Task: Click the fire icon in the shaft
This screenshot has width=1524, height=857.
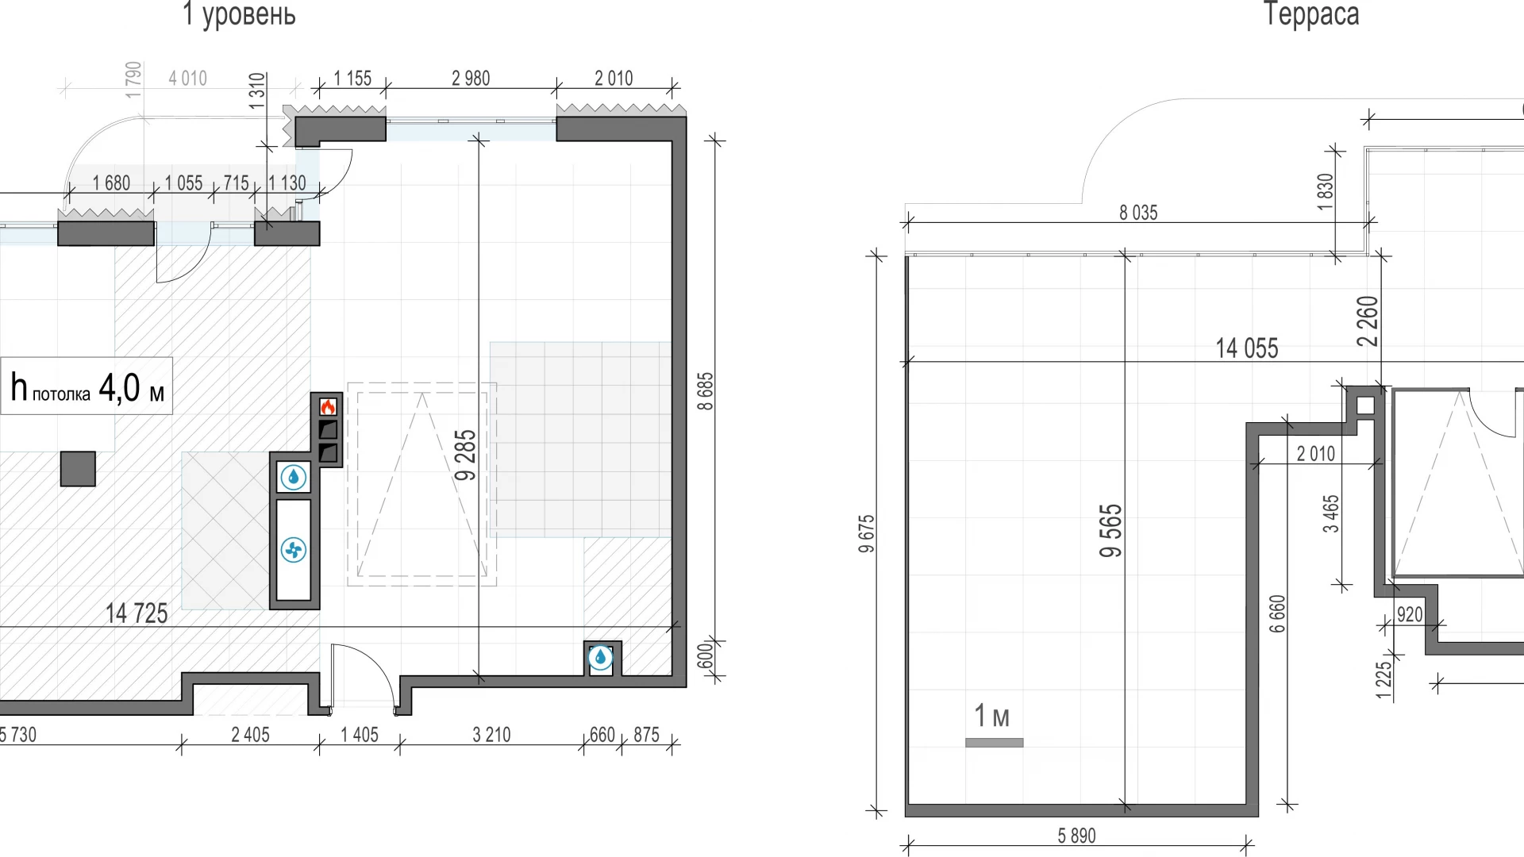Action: pyautogui.click(x=328, y=407)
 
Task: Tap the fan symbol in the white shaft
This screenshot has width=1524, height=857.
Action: pyautogui.click(x=294, y=550)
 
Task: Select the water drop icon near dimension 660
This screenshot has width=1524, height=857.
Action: pyautogui.click(x=601, y=657)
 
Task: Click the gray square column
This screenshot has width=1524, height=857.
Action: pyautogui.click(x=78, y=469)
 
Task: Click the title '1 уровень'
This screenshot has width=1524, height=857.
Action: pyautogui.click(x=239, y=14)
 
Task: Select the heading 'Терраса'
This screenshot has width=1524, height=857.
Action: pyautogui.click(x=1311, y=14)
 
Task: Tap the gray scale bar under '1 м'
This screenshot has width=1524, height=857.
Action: pyautogui.click(x=994, y=743)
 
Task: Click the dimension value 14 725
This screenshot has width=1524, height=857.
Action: pyautogui.click(x=137, y=613)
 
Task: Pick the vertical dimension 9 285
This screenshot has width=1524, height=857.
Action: pyautogui.click(x=466, y=455)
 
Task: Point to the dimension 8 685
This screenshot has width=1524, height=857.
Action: pyautogui.click(x=705, y=391)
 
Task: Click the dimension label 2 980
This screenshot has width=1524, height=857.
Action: pyautogui.click(x=471, y=79)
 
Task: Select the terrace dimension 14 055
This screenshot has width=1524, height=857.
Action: pyautogui.click(x=1247, y=348)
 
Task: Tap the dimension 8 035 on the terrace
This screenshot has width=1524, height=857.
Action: pyautogui.click(x=1138, y=213)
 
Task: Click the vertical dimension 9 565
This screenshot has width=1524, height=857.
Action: pyautogui.click(x=1111, y=530)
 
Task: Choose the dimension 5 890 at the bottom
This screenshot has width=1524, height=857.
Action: pyautogui.click(x=1076, y=836)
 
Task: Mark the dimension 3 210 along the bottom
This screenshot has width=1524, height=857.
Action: pyautogui.click(x=491, y=735)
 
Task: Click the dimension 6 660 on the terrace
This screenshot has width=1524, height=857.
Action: pyautogui.click(x=1277, y=613)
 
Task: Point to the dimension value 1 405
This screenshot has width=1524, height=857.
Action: pyautogui.click(x=360, y=735)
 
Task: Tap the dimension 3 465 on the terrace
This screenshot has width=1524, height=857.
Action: pyautogui.click(x=1331, y=513)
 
